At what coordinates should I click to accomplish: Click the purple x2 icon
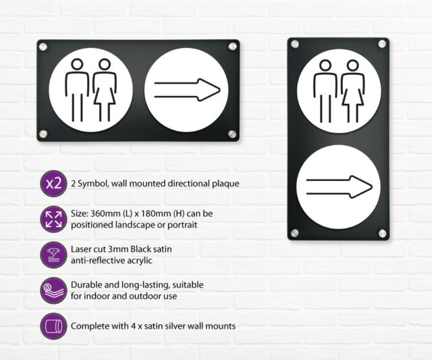[54, 183]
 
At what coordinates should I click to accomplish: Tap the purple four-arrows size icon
[54, 219]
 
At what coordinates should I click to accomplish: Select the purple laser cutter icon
[54, 255]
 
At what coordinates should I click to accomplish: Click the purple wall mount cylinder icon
[54, 326]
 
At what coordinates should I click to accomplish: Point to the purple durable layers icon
[54, 290]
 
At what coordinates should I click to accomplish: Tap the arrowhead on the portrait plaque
[361, 186]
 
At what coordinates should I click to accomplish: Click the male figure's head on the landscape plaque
[77, 64]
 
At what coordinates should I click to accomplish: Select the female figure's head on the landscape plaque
[105, 64]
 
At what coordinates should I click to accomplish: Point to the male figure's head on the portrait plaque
[325, 66]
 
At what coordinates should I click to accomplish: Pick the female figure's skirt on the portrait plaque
[352, 97]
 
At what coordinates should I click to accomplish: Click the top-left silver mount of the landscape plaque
[43, 47]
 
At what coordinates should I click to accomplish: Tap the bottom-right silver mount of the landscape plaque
[232, 134]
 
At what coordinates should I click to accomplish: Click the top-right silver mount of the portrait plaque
[382, 44]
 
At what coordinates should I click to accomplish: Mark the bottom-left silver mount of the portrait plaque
[294, 233]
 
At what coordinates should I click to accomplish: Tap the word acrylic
[140, 261]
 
